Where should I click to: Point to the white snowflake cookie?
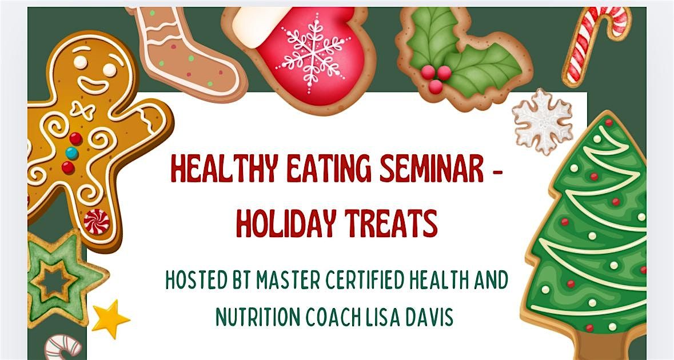pos(541,120)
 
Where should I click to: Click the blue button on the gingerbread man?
pos(72,153)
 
